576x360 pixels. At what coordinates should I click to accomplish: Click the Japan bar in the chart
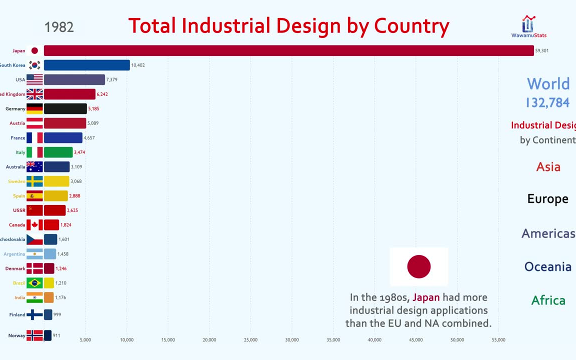point(288,50)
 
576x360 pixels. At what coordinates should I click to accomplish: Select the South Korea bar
point(86,65)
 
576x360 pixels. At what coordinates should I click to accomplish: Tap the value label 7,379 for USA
point(111,80)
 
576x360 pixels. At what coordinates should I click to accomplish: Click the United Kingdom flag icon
point(34,94)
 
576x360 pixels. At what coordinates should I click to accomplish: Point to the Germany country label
point(15,108)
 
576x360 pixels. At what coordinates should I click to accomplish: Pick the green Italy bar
point(58,152)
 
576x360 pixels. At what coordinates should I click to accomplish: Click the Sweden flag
point(34,181)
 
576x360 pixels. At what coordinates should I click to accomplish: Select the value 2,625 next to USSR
point(72,210)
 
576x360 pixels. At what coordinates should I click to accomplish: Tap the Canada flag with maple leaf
point(34,225)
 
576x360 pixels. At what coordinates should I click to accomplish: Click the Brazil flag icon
point(34,283)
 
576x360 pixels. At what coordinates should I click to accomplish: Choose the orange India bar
point(48,297)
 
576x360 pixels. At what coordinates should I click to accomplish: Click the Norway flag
point(34,335)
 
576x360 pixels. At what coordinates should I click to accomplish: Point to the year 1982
point(59,27)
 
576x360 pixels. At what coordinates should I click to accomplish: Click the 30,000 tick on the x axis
point(292,340)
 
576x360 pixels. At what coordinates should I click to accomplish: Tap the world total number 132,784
point(547,102)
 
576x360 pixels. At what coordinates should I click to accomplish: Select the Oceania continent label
point(547,266)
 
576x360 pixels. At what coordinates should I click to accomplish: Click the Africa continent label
point(548,300)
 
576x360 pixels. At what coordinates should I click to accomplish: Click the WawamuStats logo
point(528,26)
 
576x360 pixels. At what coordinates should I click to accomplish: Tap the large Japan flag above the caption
point(419,266)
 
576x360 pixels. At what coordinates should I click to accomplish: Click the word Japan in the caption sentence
point(426,297)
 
